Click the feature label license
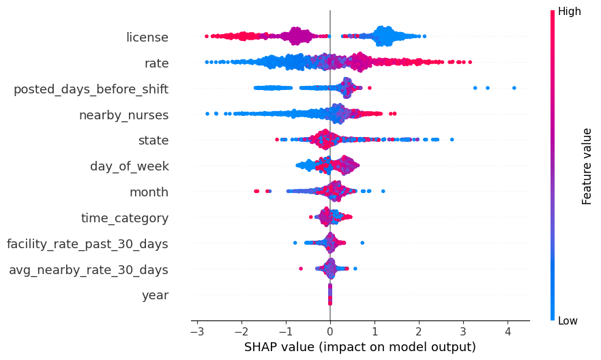[x=147, y=37]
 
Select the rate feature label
[x=156, y=63]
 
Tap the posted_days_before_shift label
[x=91, y=89]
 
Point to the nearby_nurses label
[x=123, y=115]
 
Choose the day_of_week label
[x=130, y=166]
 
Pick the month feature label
[x=149, y=192]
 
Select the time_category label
[x=125, y=217]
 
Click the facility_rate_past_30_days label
[x=87, y=243]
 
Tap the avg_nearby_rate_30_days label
[x=89, y=269]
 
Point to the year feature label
[x=155, y=295]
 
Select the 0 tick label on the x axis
[x=330, y=331]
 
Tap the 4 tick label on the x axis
[x=508, y=331]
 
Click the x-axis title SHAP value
[x=359, y=347]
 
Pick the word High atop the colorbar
[x=570, y=11]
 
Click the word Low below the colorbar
[x=568, y=320]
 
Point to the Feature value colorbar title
[x=587, y=166]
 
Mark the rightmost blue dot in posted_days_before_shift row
[x=514, y=88]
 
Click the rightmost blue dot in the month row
[x=383, y=191]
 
